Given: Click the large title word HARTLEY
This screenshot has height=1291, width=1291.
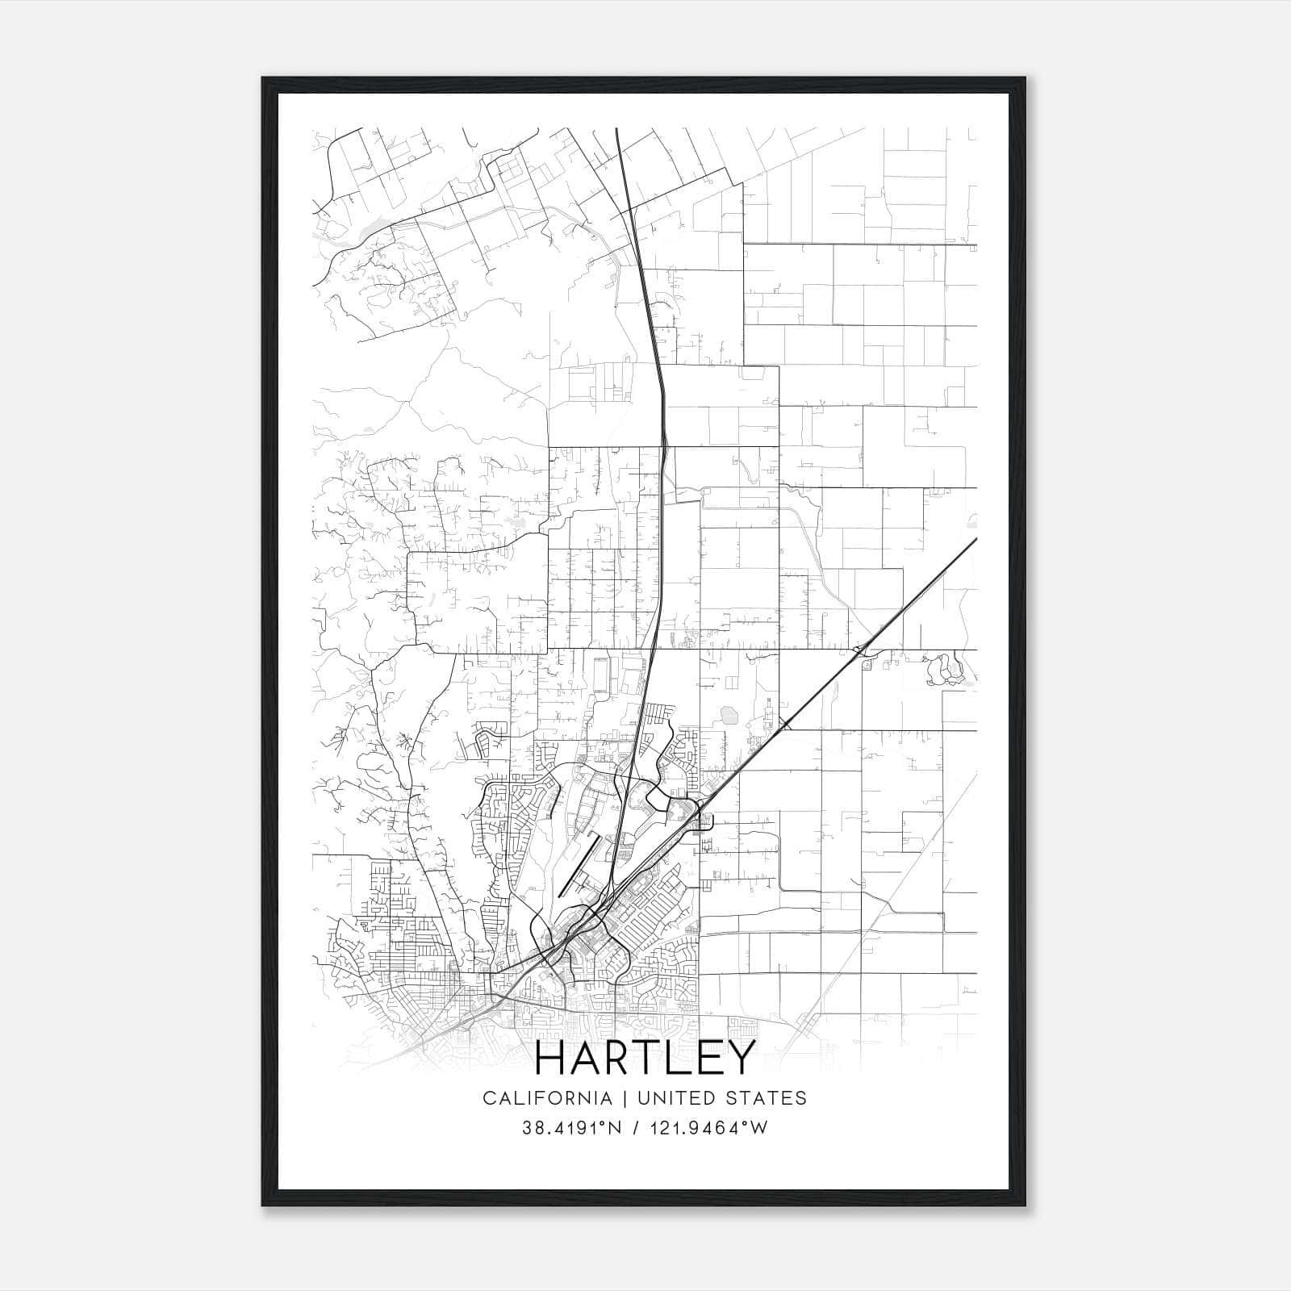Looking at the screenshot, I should coord(645,1058).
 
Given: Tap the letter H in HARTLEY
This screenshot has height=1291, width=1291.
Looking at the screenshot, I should coord(554,1058).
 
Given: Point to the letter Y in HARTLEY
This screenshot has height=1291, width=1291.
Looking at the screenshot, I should coord(740,1058).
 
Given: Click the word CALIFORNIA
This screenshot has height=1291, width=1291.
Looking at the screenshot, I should coord(547,1098).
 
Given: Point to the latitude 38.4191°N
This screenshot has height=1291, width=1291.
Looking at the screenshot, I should coord(572,1128).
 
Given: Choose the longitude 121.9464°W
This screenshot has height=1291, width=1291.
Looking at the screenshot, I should coord(710,1128).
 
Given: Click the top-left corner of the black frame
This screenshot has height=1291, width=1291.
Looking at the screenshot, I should coord(263,78).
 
